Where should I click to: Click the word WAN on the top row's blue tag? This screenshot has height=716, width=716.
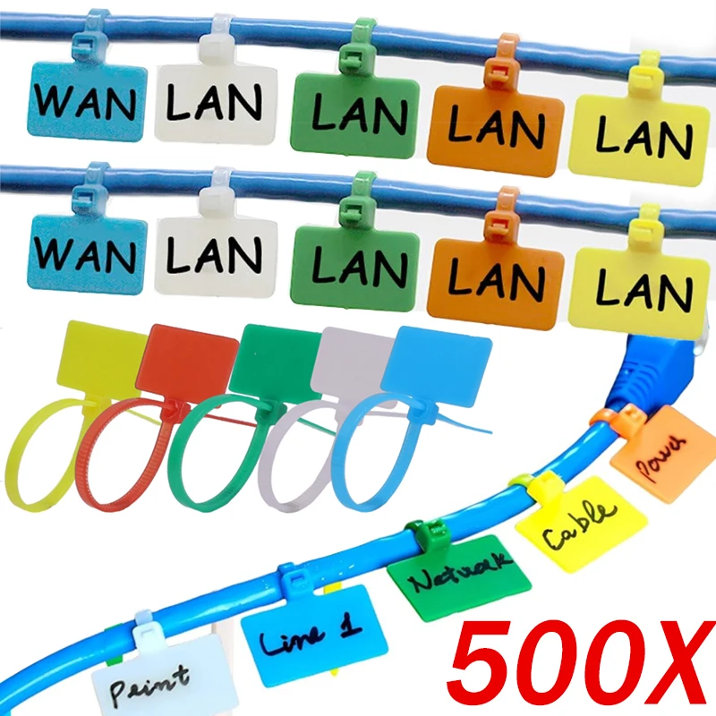coord(85,103)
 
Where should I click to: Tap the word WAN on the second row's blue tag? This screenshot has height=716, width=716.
coord(85,255)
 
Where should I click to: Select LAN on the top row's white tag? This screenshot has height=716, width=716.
coord(215,102)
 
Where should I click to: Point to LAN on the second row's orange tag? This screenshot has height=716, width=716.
coord(497,277)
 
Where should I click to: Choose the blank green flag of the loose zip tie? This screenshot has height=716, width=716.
coord(276,361)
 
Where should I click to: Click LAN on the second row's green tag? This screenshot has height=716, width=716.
coord(360,266)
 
